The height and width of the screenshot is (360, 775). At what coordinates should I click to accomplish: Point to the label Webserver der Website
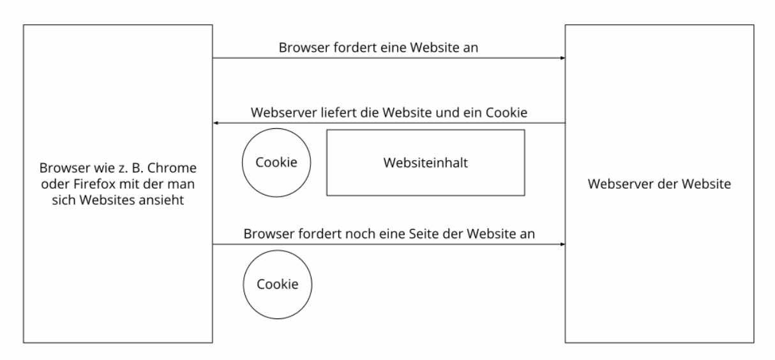(x=659, y=184)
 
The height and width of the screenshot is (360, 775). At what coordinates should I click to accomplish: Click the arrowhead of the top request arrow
(x=562, y=58)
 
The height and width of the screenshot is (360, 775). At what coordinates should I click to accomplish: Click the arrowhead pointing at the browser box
(x=216, y=123)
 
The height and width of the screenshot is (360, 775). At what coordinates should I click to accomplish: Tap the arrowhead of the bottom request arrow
(x=562, y=244)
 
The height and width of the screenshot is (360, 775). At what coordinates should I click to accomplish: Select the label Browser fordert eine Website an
(x=379, y=48)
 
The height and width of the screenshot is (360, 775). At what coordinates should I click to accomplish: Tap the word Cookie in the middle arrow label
(x=506, y=113)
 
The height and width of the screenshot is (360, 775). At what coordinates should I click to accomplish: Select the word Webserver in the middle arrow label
(x=284, y=113)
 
